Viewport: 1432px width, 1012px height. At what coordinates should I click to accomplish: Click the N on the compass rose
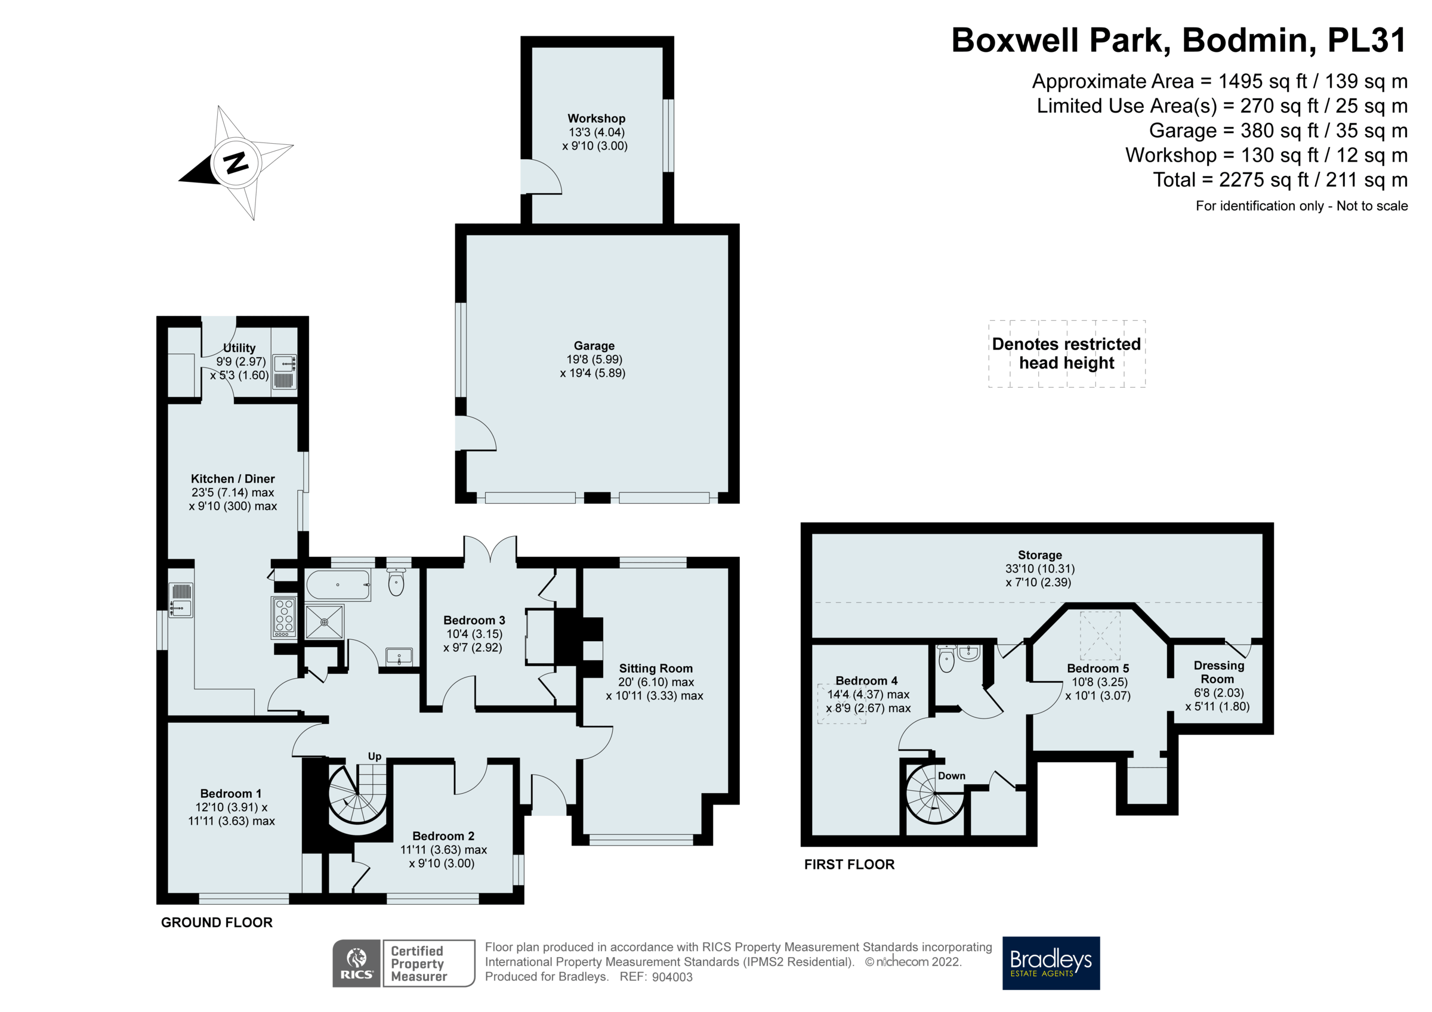[x=236, y=162]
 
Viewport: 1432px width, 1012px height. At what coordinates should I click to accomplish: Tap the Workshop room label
[x=596, y=119]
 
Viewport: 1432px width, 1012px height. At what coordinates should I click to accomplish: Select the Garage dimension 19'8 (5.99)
[x=594, y=360]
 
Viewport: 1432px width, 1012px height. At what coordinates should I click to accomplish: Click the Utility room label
[x=239, y=348]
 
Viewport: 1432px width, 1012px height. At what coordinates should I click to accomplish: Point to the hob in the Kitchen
[x=284, y=617]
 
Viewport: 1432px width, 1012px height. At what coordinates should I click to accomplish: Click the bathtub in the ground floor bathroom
[x=338, y=585]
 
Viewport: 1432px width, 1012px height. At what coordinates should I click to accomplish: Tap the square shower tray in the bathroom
[x=325, y=621]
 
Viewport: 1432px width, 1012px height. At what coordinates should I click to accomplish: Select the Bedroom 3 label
[x=474, y=620]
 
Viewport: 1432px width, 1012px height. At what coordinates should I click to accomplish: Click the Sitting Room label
[x=656, y=669]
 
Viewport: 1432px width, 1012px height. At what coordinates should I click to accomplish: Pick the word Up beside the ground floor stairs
[x=374, y=756]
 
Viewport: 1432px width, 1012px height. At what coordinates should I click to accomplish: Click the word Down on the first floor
[x=951, y=776]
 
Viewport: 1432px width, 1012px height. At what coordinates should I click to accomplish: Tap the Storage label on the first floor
[x=1040, y=555]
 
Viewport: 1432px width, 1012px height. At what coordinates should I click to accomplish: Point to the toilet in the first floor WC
[x=946, y=660]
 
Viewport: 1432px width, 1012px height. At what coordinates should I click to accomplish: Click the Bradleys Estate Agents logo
[x=1051, y=963]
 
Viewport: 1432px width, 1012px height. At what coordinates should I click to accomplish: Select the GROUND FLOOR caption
[x=217, y=922]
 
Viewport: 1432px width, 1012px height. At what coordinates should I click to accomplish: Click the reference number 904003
[x=672, y=977]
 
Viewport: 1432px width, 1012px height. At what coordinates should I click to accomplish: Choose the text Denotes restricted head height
[x=1066, y=353]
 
